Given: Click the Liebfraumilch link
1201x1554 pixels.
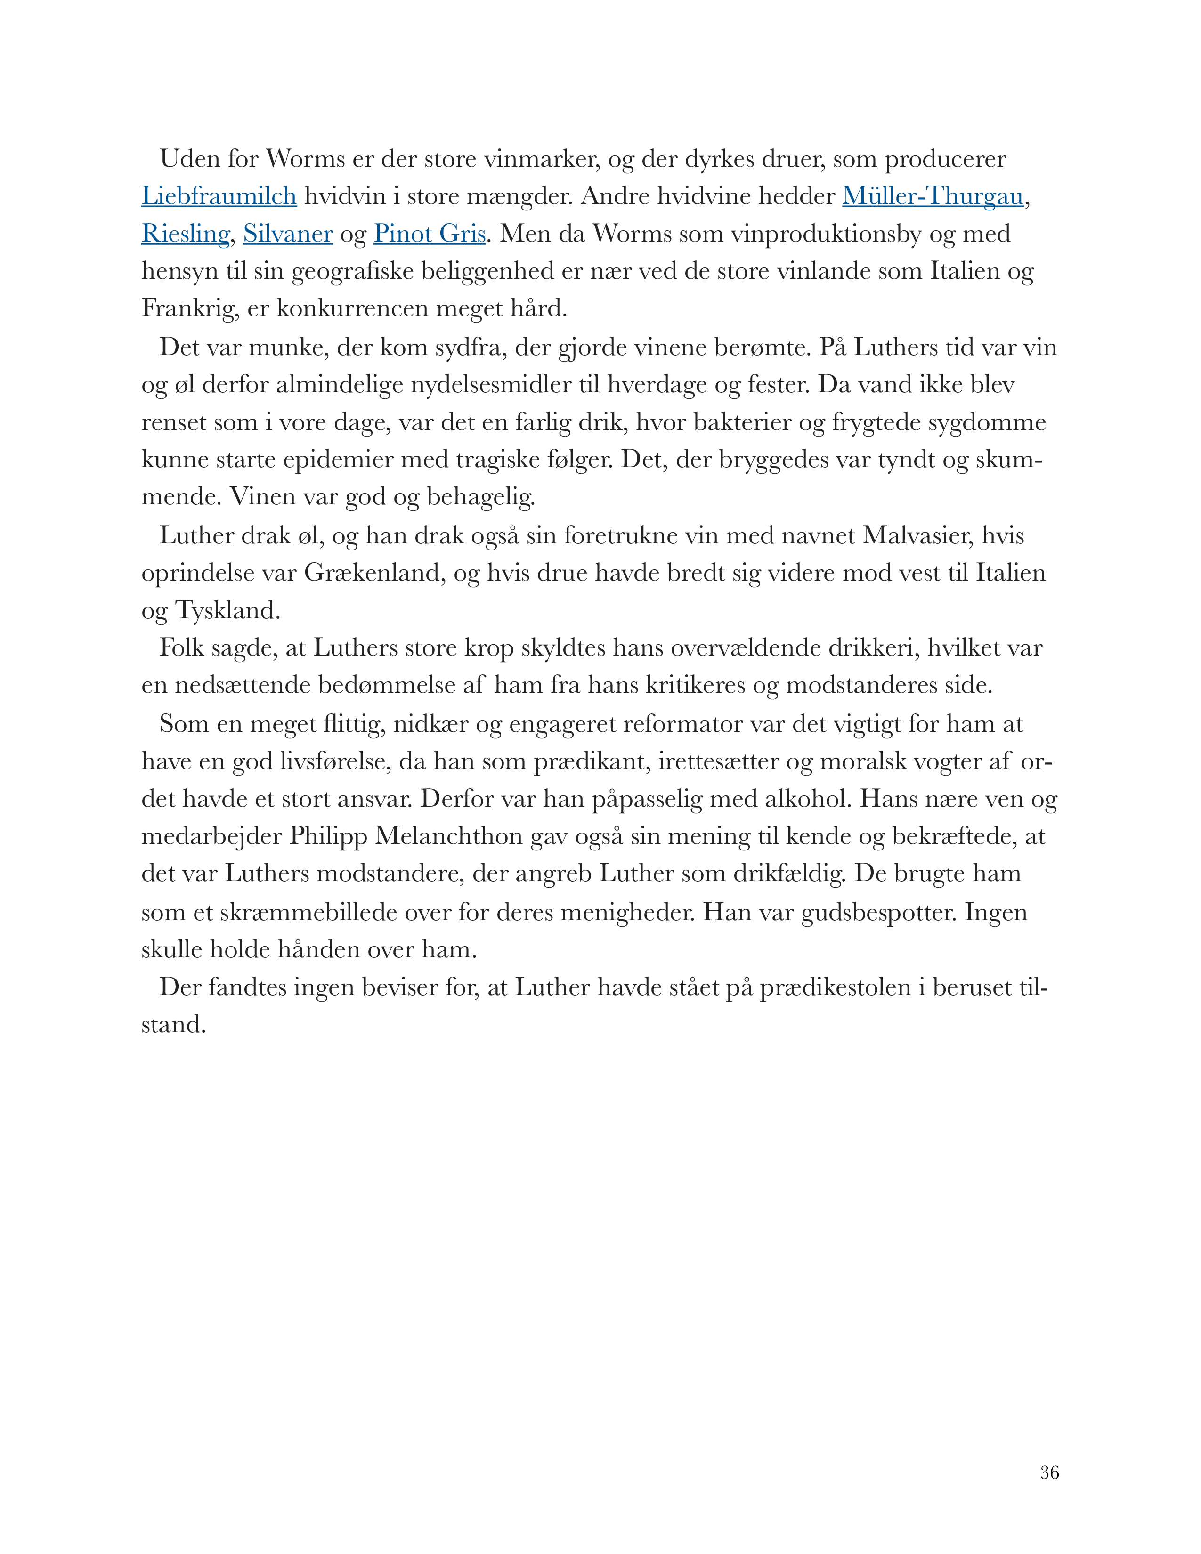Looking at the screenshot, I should click(219, 196).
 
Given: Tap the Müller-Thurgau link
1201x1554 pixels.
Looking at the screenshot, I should click(932, 196).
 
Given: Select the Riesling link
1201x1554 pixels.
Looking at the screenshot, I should click(185, 234).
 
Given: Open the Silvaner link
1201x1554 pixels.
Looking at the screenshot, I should click(287, 234).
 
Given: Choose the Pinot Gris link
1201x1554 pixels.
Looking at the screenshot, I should click(430, 234).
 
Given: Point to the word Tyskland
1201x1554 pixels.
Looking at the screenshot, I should click(227, 610).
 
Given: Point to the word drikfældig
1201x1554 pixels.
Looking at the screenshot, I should click(790, 874).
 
